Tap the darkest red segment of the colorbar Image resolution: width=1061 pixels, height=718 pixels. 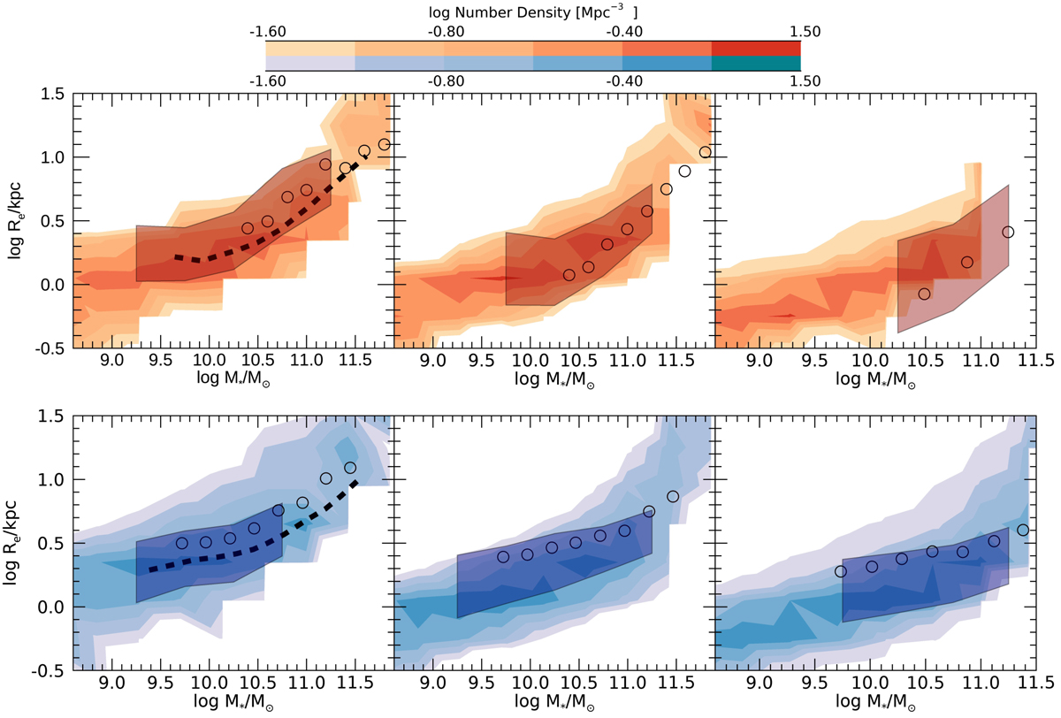click(x=756, y=49)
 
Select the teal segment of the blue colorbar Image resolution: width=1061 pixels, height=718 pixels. click(x=756, y=64)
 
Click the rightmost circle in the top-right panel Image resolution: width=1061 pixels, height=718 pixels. click(x=1008, y=233)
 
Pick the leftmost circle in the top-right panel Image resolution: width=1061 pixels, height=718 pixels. click(x=924, y=294)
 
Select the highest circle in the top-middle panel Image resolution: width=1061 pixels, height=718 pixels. click(x=705, y=152)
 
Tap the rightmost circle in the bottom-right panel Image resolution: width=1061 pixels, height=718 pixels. click(x=1023, y=531)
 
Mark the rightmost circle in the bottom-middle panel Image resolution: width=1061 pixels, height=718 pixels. click(x=673, y=497)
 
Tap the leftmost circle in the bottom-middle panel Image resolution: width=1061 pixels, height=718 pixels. click(x=503, y=557)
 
